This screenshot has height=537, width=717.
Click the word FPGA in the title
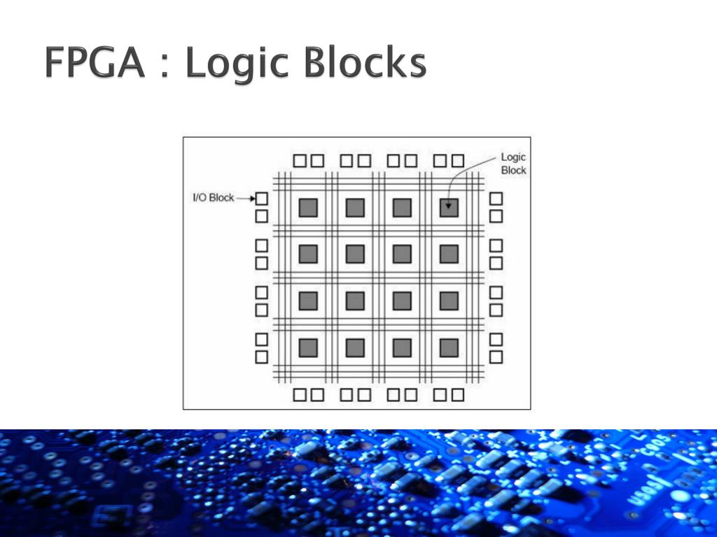coord(94,64)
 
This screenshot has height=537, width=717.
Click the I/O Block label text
coord(213,198)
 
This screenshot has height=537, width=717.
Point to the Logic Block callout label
coord(513,164)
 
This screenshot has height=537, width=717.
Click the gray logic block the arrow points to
coord(449,208)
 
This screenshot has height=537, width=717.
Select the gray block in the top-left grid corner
coord(308,208)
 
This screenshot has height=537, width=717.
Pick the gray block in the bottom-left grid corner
coord(308,348)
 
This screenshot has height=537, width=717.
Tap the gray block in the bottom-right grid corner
coord(449,348)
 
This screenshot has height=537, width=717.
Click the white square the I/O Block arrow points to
coord(261,199)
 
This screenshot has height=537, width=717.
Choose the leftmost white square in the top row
coord(300,161)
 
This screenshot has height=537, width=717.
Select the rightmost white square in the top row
coord(458,161)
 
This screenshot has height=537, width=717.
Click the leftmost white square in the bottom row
coord(300,395)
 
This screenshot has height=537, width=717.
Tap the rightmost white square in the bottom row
coord(458,395)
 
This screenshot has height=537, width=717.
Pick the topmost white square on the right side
coord(496,199)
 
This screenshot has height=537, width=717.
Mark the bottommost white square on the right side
coord(496,357)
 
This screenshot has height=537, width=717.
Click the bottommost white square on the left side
coord(261,357)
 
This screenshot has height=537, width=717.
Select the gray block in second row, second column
coord(355,254)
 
